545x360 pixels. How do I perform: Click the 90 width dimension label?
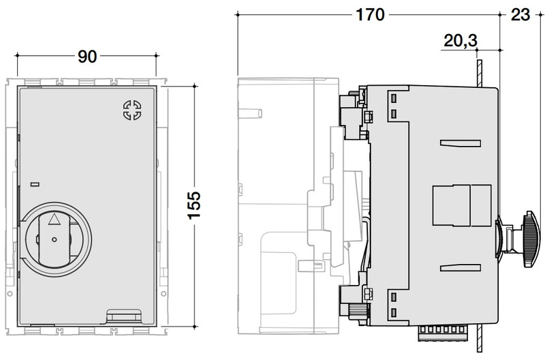pyautogui.click(x=87, y=57)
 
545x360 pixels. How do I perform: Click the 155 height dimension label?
pyautogui.click(x=194, y=205)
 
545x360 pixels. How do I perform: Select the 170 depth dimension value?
pyautogui.click(x=370, y=15)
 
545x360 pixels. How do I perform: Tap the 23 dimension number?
pyautogui.click(x=520, y=15)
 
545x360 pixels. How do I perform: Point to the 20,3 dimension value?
pyautogui.click(x=461, y=41)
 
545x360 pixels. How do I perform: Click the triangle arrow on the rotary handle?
pyautogui.click(x=54, y=219)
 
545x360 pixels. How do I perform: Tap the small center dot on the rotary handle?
pyautogui.click(x=54, y=239)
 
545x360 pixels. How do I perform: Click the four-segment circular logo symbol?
pyautogui.click(x=132, y=110)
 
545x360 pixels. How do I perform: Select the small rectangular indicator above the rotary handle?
pyautogui.click(x=35, y=184)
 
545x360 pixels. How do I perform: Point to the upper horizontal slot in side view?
pyautogui.click(x=461, y=143)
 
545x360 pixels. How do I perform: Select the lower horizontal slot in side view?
pyautogui.click(x=461, y=267)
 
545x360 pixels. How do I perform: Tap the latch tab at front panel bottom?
pyautogui.click(x=123, y=315)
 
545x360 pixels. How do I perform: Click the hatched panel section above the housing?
pyautogui.click(x=479, y=73)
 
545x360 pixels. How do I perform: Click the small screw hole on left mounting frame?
pyautogui.click(x=10, y=295)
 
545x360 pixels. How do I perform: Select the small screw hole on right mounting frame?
pyautogui.click(x=163, y=295)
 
